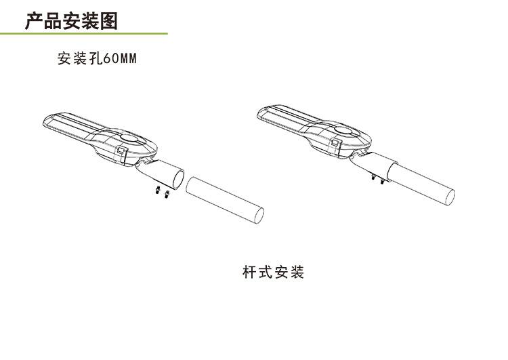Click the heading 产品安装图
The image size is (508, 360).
[x=71, y=20]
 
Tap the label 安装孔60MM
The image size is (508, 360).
[x=98, y=59]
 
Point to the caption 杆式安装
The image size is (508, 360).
[x=274, y=273]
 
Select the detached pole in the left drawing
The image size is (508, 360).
[x=224, y=201]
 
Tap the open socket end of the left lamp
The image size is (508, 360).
[x=177, y=179]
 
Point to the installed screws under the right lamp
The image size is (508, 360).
[x=376, y=179]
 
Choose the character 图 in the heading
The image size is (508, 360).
[x=108, y=20]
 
